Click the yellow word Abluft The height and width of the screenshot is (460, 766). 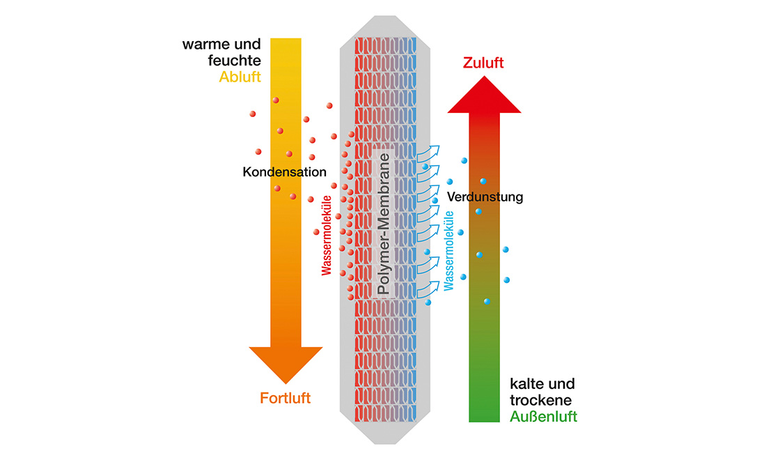(240, 77)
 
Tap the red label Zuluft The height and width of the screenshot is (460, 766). (483, 63)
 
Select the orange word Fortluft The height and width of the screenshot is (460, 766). (286, 398)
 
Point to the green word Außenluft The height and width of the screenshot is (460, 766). (544, 417)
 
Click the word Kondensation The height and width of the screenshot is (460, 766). (284, 172)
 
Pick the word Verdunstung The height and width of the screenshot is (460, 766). (485, 197)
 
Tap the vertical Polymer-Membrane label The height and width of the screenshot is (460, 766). (384, 224)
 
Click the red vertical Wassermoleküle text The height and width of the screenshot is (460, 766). (327, 236)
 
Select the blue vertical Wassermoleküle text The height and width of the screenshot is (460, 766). (448, 251)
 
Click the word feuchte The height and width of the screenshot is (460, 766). (235, 61)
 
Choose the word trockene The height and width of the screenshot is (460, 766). (541, 400)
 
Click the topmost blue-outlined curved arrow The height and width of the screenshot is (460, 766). (428, 153)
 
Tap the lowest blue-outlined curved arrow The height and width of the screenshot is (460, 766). (428, 289)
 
